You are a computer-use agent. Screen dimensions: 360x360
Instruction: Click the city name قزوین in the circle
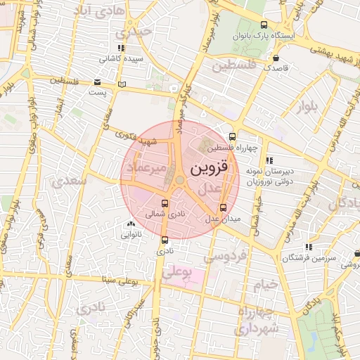209,169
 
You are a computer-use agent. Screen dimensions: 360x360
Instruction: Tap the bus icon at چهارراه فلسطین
232,136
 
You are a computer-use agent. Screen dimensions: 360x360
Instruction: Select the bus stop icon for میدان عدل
224,207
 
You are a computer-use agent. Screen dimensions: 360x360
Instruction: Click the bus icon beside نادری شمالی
165,204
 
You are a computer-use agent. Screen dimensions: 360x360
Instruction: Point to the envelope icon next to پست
96,82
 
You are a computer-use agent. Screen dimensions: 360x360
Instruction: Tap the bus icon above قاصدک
276,58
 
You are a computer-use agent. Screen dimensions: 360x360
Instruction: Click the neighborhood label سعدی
68,181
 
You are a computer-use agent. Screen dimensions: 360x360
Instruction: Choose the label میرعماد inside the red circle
146,168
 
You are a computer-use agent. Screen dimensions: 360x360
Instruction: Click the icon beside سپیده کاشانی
122,49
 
